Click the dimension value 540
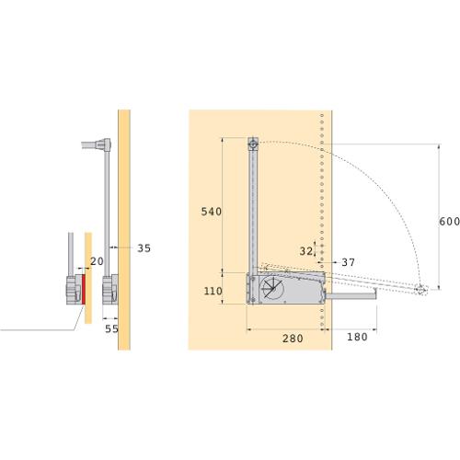212,212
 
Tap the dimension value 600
449,222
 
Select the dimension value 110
213,291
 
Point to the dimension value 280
293,339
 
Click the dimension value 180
357,337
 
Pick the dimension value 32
306,251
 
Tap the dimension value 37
349,262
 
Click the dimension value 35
144,248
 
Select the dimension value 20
97,261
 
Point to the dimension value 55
111,328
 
